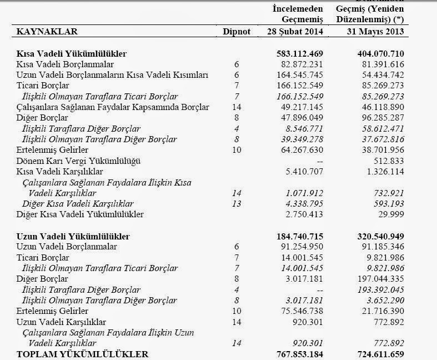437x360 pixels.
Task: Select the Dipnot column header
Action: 236,31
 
